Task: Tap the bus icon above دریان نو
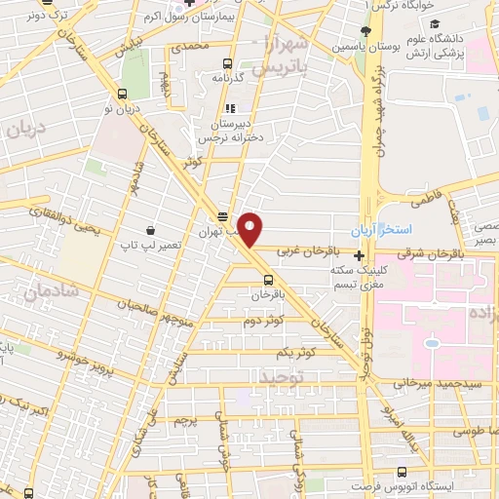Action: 121,94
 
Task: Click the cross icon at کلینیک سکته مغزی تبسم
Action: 359,255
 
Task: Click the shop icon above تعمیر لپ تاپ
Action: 150,230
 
